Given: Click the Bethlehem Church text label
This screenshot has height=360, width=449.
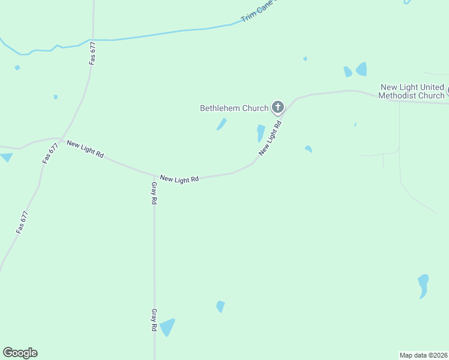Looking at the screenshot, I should (x=234, y=109).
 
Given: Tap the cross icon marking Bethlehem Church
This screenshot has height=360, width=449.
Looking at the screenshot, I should (x=277, y=107).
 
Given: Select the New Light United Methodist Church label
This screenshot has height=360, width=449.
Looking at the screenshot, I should (x=412, y=92).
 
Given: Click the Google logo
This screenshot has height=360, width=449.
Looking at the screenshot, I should (x=20, y=353).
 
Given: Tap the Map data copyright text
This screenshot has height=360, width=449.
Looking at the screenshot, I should (x=424, y=355).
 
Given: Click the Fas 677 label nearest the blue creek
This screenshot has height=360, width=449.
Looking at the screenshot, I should (x=92, y=53).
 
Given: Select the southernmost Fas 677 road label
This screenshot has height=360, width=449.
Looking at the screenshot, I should (x=22, y=222).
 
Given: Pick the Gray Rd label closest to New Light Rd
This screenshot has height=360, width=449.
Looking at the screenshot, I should (x=154, y=193).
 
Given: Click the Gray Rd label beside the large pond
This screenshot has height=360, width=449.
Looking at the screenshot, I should (x=154, y=320).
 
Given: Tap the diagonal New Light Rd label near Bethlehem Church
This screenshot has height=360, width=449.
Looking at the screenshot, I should (x=270, y=139).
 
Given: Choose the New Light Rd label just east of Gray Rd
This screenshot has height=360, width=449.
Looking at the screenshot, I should (x=179, y=179).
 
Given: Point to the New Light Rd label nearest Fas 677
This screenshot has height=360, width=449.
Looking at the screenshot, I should (x=85, y=149).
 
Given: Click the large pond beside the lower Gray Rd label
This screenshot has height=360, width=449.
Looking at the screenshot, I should (x=167, y=327).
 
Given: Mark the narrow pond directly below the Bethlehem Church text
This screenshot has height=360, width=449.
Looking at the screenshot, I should (x=222, y=124).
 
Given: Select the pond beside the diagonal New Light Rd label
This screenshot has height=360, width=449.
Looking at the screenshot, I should (x=261, y=133).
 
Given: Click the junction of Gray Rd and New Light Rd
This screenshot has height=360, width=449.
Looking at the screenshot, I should (x=154, y=175).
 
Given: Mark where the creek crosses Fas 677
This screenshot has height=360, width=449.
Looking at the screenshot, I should (x=93, y=40).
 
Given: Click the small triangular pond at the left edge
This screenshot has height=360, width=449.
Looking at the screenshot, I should (x=6, y=157).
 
